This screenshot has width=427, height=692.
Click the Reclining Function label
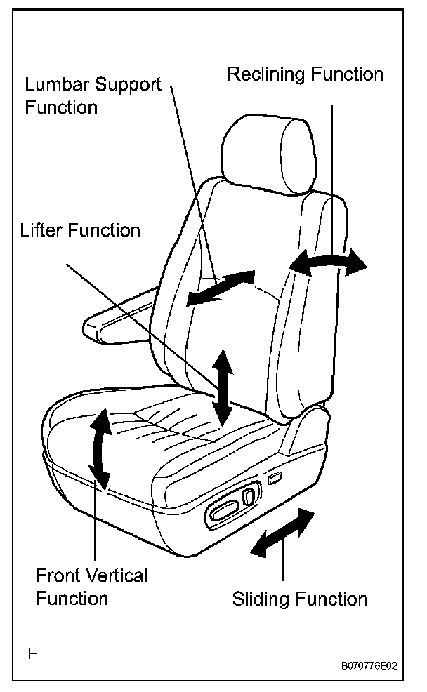point(306,75)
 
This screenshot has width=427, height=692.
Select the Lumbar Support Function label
point(93,96)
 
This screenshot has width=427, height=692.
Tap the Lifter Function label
point(80,230)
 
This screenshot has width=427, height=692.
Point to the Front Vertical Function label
point(91,587)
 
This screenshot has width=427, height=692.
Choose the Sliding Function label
point(300,599)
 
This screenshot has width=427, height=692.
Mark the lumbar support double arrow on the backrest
point(220,288)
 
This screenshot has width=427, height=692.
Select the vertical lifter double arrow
point(224,387)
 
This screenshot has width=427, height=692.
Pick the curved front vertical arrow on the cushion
point(100,448)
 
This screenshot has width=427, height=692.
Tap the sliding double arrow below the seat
point(283,533)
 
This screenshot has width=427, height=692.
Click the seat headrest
point(265,155)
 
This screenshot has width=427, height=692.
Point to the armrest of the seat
point(116,324)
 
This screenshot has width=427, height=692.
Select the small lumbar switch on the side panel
point(274,479)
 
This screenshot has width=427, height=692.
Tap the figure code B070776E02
point(369,666)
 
